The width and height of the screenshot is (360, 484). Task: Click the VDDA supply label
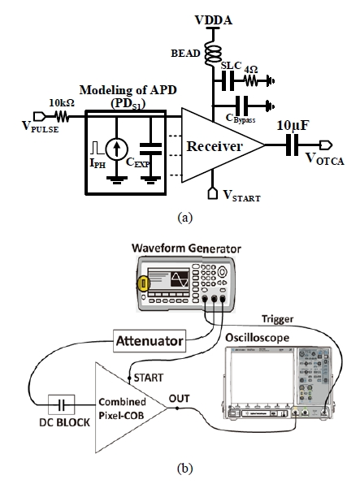pyautogui.click(x=213, y=20)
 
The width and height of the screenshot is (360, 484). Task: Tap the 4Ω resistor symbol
pyautogui.click(x=252, y=81)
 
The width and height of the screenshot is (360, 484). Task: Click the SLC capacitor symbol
pyautogui.click(x=228, y=81)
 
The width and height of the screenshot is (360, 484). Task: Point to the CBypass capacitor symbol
pyautogui.click(x=241, y=106)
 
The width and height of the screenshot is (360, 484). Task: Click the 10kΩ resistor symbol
pyautogui.click(x=62, y=116)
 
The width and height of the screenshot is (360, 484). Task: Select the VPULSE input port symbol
pyautogui.click(x=40, y=116)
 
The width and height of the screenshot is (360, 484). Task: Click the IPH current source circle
pyautogui.click(x=116, y=149)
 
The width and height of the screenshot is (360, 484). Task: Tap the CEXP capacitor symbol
pyautogui.click(x=150, y=149)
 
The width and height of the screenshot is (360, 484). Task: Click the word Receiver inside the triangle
pyautogui.click(x=215, y=146)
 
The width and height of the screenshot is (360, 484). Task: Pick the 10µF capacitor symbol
pyautogui.click(x=293, y=145)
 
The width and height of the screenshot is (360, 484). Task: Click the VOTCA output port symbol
pyautogui.click(x=326, y=145)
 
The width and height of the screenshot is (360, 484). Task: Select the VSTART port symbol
pyautogui.click(x=213, y=193)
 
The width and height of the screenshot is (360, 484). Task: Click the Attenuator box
pyautogui.click(x=150, y=341)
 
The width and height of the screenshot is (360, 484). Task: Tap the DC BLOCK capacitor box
pyautogui.click(x=62, y=404)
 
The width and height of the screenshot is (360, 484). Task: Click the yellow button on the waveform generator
pyautogui.click(x=144, y=284)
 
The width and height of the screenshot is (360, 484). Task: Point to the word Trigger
pyautogui.click(x=277, y=319)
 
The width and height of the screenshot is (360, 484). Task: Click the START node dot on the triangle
pyautogui.click(x=130, y=378)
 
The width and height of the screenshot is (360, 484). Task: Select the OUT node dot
pyautogui.click(x=177, y=408)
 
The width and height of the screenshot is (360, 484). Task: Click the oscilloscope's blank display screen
pyautogui.click(x=262, y=377)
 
